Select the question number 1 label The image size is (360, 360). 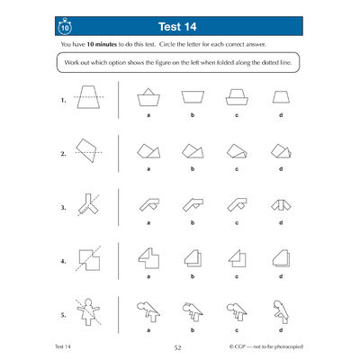pos(64,102)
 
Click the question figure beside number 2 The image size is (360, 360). pos(89,149)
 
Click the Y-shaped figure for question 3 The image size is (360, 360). pos(88,205)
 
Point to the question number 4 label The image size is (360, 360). pos(64,263)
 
